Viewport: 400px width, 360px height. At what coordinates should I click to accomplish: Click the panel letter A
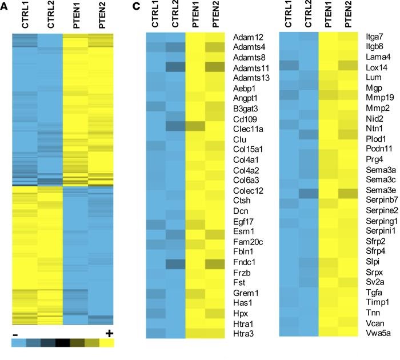pos(5,7)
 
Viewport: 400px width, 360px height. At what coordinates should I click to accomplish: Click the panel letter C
pos(135,7)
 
